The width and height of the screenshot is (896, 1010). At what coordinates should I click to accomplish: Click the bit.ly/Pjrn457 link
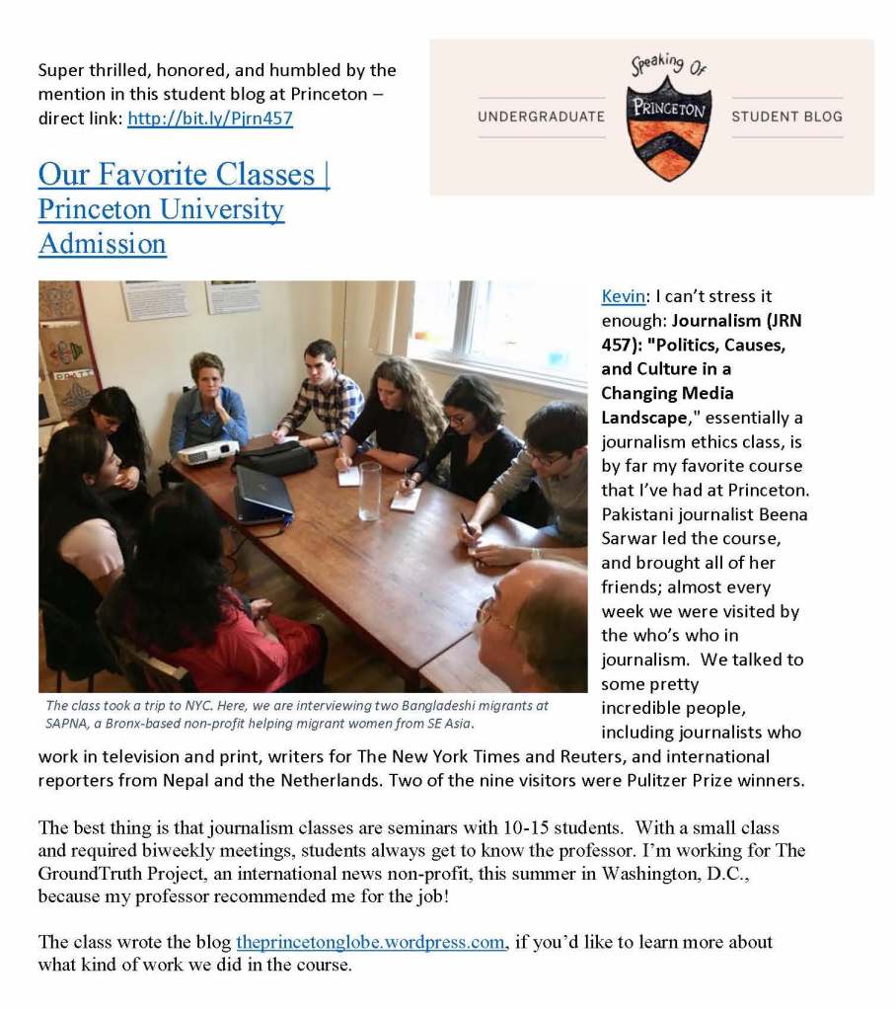point(210,119)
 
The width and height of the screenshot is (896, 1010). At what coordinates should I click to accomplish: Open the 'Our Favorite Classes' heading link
point(184,175)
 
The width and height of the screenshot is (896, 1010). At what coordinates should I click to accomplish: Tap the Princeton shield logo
point(668,117)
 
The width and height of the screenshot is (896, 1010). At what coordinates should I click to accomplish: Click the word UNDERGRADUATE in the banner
point(541,117)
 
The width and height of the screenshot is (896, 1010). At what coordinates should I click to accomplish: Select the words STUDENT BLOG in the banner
point(786,117)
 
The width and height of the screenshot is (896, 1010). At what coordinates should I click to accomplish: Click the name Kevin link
point(622,296)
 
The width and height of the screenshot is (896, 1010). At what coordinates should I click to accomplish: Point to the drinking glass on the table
point(370,490)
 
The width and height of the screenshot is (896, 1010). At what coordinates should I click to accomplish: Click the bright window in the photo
point(493,331)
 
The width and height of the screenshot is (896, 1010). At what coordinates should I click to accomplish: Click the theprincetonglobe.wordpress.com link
point(371,942)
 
